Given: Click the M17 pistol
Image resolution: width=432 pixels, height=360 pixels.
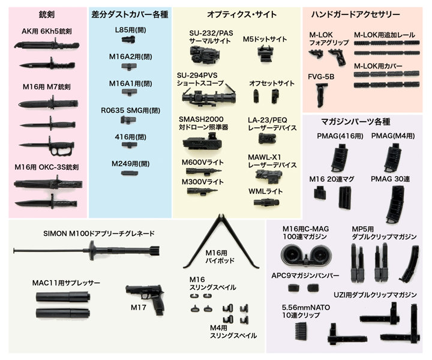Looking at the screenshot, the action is point(145,298).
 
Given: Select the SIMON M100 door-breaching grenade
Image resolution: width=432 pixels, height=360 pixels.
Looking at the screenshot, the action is point(86,250).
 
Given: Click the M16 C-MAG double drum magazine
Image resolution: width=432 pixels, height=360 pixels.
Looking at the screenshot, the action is point(307,255).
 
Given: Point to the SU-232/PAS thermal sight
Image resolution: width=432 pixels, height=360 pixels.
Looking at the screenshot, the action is point(204,54).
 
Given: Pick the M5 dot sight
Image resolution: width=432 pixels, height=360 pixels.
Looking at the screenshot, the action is point(265,53).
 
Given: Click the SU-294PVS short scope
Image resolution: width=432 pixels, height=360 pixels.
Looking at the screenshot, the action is point(209,96).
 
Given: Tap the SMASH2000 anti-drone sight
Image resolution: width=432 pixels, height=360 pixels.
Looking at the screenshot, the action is point(202,142).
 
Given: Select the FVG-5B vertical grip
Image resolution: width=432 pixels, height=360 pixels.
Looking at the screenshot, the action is point(320,95).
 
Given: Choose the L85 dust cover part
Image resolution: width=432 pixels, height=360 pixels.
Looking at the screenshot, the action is point(128,39).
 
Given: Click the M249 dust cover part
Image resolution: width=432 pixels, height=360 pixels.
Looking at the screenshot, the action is point(130,173).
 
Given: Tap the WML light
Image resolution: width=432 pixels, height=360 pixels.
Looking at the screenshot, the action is point(266,202).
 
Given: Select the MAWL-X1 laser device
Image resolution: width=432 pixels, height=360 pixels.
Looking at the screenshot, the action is point(269,176).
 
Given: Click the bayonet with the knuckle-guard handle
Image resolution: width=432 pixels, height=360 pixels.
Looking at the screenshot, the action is point(47,145).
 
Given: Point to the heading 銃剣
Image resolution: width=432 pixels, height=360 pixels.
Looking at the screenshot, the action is point(47,14).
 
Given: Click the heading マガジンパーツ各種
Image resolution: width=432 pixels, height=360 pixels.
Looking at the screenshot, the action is point(355,121).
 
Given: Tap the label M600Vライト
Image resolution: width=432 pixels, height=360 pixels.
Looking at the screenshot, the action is point(203,163).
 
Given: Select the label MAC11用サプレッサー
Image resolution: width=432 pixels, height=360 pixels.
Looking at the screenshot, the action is point(66,283).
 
